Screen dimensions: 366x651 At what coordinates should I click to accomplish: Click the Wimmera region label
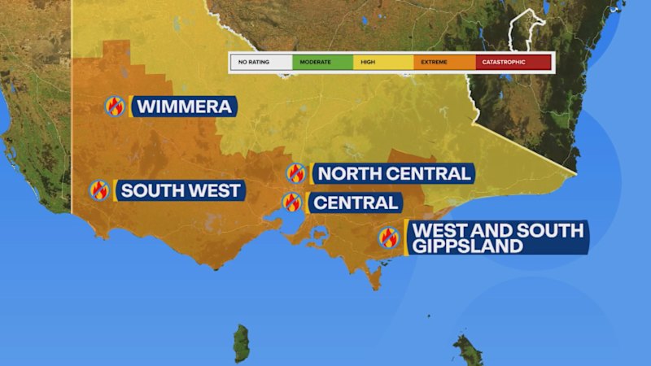click(184, 107)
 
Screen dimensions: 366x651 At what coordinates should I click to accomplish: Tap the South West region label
click(181, 191)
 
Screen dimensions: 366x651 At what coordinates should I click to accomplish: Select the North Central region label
click(393, 173)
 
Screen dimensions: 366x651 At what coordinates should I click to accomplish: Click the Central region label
click(356, 203)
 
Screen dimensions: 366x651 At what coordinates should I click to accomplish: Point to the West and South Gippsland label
click(498, 237)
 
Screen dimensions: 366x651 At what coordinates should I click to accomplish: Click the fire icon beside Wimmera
click(116, 107)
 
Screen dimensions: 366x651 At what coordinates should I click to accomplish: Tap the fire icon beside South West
click(100, 191)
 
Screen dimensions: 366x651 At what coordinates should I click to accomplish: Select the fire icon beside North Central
click(296, 173)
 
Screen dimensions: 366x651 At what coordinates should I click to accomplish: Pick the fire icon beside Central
click(292, 203)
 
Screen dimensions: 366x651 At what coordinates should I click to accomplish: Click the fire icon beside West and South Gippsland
click(389, 237)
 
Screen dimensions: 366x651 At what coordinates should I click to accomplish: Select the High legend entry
click(383, 62)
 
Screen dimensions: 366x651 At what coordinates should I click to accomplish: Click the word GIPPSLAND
click(467, 246)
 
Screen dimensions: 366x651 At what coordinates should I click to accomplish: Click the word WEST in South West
click(212, 191)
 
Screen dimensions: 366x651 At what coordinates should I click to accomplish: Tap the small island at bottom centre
click(242, 343)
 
